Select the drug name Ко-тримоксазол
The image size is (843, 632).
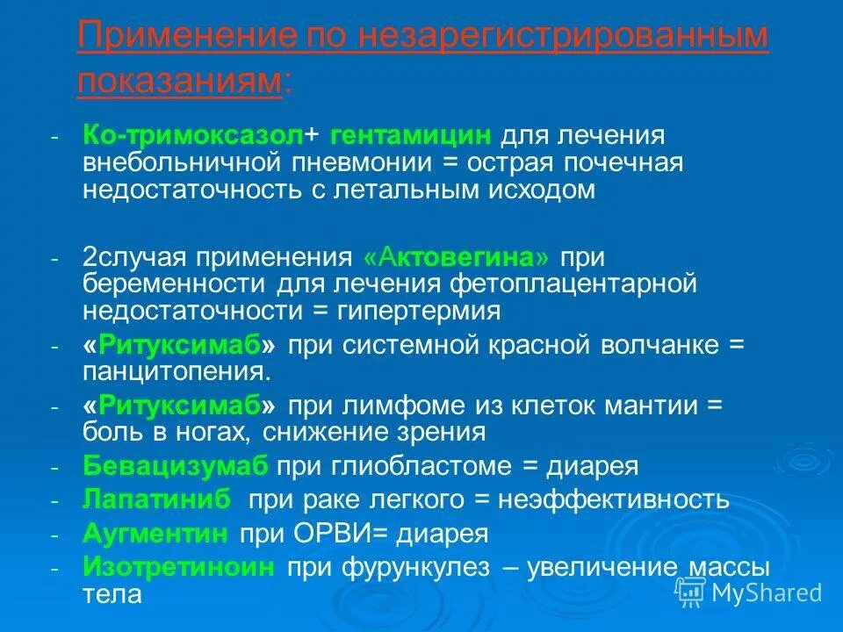193,136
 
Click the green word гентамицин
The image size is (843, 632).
410,136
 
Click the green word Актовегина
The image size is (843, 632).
461,258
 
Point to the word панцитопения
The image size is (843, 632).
177,371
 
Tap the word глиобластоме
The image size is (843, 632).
416,466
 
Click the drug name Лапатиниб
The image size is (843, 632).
157,500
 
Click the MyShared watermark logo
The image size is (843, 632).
751,592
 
